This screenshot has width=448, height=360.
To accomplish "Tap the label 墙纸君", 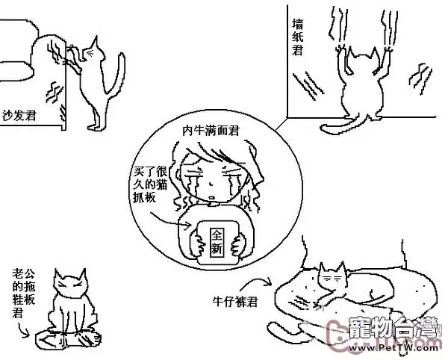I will point(296,37).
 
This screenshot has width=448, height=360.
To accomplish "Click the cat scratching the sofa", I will point(93,78).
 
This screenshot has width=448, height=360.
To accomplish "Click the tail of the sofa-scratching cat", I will point(116,75).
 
